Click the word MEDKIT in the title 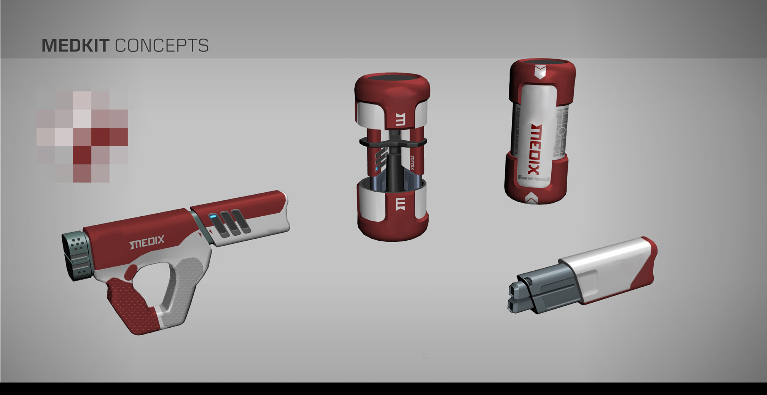75,45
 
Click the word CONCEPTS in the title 162,46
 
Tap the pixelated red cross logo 82,136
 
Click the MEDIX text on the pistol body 147,242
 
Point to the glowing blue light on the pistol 213,217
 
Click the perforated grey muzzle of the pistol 78,255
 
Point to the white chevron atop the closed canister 541,71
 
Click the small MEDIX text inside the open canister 412,162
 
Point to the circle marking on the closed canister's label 562,131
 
